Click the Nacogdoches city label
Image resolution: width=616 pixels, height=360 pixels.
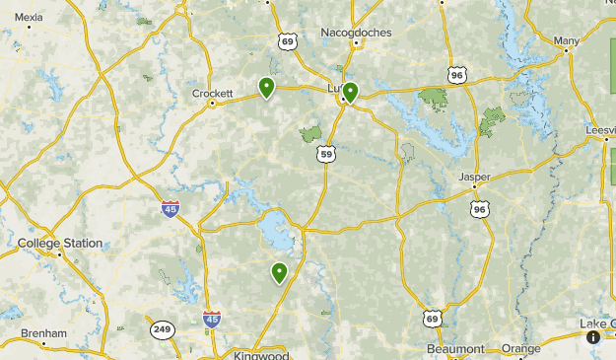point(356,33)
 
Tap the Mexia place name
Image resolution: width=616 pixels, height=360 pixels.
point(30,17)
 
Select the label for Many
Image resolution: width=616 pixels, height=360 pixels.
point(567,40)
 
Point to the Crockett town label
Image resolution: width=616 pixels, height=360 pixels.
point(212,94)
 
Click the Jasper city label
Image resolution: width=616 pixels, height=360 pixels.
point(474,178)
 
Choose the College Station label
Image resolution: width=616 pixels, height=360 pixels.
point(60,243)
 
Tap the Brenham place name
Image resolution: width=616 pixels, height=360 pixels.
point(43,333)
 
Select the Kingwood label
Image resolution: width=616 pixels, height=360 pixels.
point(262,354)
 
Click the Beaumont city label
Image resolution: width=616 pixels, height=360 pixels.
point(456,349)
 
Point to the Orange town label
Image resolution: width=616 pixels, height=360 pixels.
point(520,349)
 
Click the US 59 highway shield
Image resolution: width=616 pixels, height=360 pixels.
point(326,153)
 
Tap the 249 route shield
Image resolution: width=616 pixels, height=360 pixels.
point(163,329)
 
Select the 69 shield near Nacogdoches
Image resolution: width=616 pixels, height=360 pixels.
point(287,40)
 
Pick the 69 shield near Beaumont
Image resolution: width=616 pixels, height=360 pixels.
point(433,318)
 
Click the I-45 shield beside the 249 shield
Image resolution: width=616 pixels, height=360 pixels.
point(212,320)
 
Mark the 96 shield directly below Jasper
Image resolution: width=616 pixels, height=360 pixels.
point(479,208)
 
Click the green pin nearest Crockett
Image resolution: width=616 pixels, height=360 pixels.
point(266,88)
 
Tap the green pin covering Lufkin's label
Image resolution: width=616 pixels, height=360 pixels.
point(349,92)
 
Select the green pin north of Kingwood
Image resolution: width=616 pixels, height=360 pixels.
point(280,272)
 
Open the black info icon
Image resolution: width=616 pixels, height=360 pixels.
point(593,337)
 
